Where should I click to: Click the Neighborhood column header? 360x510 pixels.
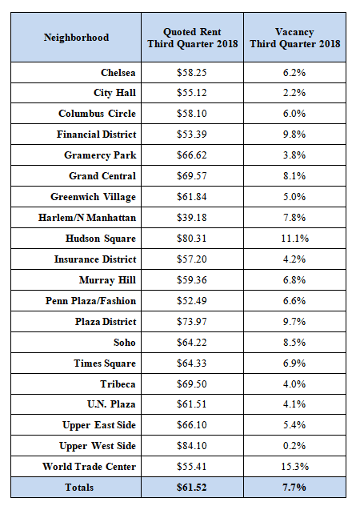pyautogui.click(x=76, y=38)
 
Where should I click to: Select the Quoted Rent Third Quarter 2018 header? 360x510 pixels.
pyautogui.click(x=192, y=38)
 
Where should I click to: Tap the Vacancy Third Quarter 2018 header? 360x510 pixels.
pyautogui.click(x=294, y=38)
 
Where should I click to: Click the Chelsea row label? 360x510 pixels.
pyautogui.click(x=118, y=73)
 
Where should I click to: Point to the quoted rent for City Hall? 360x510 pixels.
pyautogui.click(x=192, y=93)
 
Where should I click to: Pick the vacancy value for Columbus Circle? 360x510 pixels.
pyautogui.click(x=294, y=114)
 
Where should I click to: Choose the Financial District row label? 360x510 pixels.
pyautogui.click(x=97, y=135)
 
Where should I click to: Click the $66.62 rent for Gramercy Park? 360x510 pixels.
pyautogui.click(x=192, y=155)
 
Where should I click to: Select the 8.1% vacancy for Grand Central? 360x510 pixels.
pyautogui.click(x=294, y=176)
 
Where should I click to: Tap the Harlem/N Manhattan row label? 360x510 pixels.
pyautogui.click(x=87, y=218)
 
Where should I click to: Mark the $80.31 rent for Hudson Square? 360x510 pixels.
pyautogui.click(x=192, y=239)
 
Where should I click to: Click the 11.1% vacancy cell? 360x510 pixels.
pyautogui.click(x=294, y=239)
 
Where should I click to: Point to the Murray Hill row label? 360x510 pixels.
pyautogui.click(x=107, y=280)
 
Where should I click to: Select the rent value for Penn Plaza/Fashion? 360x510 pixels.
pyautogui.click(x=192, y=301)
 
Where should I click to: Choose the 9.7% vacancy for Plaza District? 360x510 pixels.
pyautogui.click(x=294, y=322)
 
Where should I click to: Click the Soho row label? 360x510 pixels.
pyautogui.click(x=125, y=343)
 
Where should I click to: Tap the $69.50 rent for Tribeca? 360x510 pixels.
pyautogui.click(x=192, y=384)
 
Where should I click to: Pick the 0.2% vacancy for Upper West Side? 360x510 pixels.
pyautogui.click(x=294, y=446)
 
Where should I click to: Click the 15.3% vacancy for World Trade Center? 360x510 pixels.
pyautogui.click(x=294, y=467)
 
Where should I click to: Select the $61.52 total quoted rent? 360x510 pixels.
pyautogui.click(x=192, y=488)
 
